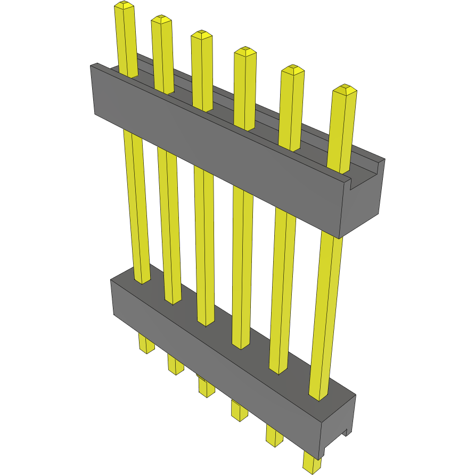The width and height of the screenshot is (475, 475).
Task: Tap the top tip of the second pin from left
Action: pyautogui.click(x=161, y=19)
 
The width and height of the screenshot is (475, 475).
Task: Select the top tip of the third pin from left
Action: pyautogui.click(x=202, y=35)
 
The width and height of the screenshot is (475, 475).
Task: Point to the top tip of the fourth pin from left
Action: pyautogui.click(x=245, y=51)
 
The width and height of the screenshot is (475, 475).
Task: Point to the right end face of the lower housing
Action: pyautogui.click(x=339, y=426)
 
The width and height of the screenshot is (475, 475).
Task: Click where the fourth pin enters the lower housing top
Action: pyautogui.click(x=241, y=343)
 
